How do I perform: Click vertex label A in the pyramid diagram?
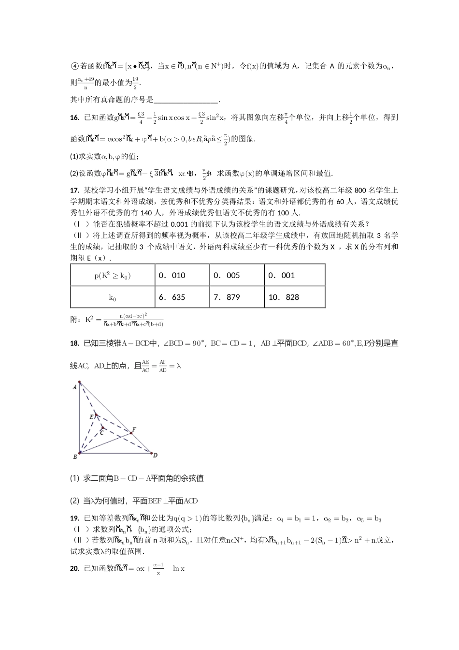pos(75,387)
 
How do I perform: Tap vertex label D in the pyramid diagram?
pos(155,455)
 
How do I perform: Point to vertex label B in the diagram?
pos(75,457)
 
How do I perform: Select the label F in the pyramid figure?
pos(134,429)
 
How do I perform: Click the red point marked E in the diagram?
pos(96,414)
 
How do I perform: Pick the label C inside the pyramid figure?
pos(101,433)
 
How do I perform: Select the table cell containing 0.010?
pos(182,275)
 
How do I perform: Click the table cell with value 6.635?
pos(182,297)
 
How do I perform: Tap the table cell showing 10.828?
pos(294,297)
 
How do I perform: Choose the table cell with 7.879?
pos(237,297)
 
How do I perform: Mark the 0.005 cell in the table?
pos(237,275)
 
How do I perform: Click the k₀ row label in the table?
pos(113,297)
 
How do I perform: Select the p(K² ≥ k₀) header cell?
pos(113,276)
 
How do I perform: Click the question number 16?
pos(74,117)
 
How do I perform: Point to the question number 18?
pos(74,343)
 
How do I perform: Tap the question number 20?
pos(74,568)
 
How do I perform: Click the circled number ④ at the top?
pos(74,66)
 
